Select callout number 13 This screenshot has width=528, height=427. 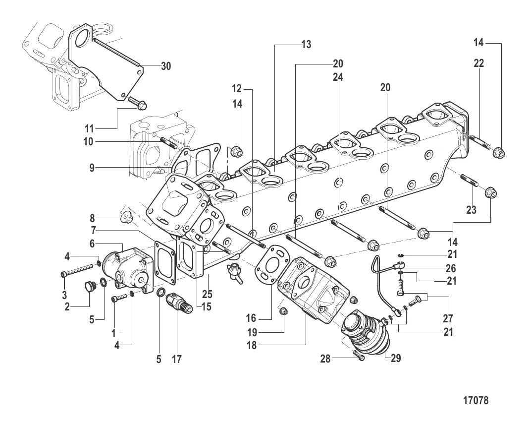(306, 45)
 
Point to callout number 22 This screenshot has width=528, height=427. (478, 63)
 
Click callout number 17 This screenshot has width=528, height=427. (177, 359)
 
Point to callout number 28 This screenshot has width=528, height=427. (325, 358)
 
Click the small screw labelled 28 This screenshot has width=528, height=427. (358, 354)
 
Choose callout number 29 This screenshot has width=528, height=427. (395, 358)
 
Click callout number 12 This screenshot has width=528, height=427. (237, 89)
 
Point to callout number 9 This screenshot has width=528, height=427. (92, 168)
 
